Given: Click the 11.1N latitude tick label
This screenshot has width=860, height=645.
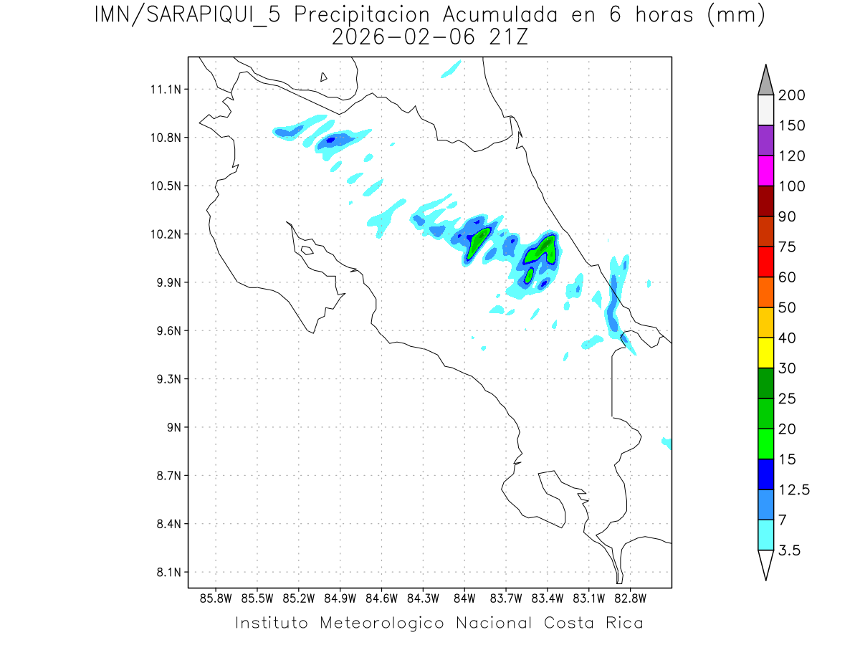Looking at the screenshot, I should click(x=163, y=90).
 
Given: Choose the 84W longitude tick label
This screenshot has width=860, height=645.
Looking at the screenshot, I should click(x=464, y=598).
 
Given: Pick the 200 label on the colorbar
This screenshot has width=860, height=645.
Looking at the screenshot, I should click(x=791, y=95).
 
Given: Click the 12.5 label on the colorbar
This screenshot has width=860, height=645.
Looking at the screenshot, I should click(x=795, y=490).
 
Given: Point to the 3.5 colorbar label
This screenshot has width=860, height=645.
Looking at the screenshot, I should click(x=790, y=550).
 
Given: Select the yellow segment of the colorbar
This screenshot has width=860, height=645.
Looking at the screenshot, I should click(x=765, y=353).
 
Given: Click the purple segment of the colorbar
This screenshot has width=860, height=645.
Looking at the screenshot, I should click(x=765, y=140).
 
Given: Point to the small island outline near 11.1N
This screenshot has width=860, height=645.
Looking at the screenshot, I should click(x=324, y=77).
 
